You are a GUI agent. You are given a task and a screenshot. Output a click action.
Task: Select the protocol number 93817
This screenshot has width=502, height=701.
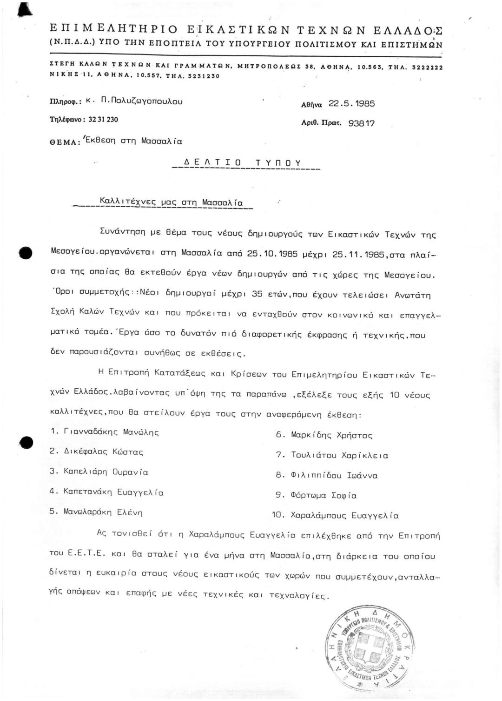[361, 123]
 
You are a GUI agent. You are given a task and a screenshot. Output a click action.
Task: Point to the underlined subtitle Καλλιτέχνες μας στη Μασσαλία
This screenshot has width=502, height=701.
[171, 202]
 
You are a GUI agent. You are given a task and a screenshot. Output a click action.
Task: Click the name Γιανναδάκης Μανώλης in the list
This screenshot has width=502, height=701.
[111, 432]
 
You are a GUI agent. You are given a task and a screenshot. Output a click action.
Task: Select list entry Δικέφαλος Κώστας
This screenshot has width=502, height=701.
[103, 452]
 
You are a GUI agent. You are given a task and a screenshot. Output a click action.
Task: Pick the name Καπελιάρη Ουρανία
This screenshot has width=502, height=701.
[106, 472]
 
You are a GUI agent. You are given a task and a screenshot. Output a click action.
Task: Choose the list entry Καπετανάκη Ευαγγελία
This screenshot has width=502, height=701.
[113, 492]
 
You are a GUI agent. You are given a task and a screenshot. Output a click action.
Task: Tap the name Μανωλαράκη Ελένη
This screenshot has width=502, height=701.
[103, 512]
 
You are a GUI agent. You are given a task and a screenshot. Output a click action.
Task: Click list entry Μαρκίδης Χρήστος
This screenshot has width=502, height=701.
[331, 435]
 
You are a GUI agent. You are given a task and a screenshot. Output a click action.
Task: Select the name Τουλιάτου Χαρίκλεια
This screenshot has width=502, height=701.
[339, 455]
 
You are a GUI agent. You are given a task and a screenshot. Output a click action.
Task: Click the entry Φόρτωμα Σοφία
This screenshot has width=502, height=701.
[324, 496]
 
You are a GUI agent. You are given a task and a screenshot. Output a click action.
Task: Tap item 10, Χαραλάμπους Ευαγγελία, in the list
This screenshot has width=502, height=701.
[344, 516]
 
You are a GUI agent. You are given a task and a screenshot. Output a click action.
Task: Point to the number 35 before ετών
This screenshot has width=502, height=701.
[257, 294]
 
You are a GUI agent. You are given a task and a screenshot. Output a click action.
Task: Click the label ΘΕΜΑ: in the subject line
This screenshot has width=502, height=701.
[65, 142]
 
